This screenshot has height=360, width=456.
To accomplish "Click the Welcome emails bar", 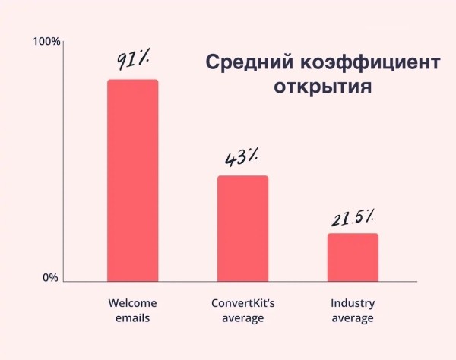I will pos(132,180).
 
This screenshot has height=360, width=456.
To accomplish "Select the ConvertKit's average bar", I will pos(242,228).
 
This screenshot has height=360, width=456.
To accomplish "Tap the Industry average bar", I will pos(353,257).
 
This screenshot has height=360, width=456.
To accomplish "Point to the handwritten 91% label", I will pos(137,59).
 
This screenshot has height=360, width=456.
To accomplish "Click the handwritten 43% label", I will pos(241,158).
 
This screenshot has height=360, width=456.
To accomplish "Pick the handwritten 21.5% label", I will pos(352,219).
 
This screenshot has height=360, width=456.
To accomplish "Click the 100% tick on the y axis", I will pos(46,40).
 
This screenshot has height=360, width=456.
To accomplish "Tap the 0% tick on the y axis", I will pos(50,278).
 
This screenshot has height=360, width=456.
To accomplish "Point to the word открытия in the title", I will pos(323,86).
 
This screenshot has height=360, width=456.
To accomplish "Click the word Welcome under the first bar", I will pos(132,303).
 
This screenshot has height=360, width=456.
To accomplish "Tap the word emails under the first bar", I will pos(132,318).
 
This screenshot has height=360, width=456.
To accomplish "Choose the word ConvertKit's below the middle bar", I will pos(242,303).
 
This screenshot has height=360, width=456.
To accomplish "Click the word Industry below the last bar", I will pos(353,303).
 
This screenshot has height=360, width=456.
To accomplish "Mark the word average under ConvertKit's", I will pos(242,318).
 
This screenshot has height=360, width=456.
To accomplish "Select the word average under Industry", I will pos(353,318).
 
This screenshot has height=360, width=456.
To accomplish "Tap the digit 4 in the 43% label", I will pos(230,159).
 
